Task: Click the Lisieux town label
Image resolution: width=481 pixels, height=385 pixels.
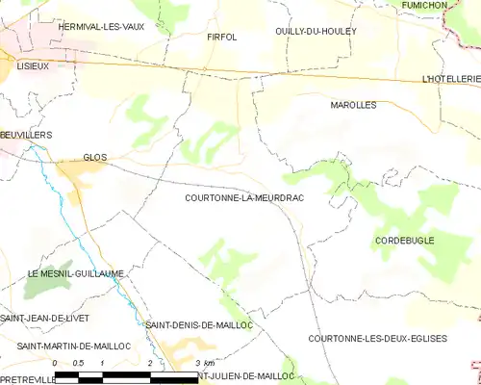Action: pyautogui.click(x=33, y=64)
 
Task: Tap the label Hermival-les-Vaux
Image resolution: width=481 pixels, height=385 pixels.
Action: pyautogui.click(x=101, y=27)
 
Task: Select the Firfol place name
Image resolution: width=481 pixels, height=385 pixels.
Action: pyautogui.click(x=221, y=37)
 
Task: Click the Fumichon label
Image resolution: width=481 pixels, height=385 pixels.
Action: pyautogui.click(x=451, y=6)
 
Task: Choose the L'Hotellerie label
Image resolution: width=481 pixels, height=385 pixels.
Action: pyautogui.click(x=450, y=77)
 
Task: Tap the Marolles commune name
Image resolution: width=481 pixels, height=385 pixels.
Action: pyautogui.click(x=353, y=104)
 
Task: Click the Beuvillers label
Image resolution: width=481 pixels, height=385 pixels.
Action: pyautogui.click(x=26, y=136)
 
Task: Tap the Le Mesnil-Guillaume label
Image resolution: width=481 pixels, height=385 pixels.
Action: pyautogui.click(x=75, y=273)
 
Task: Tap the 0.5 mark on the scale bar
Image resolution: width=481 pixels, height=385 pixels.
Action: pyautogui.click(x=79, y=363)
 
